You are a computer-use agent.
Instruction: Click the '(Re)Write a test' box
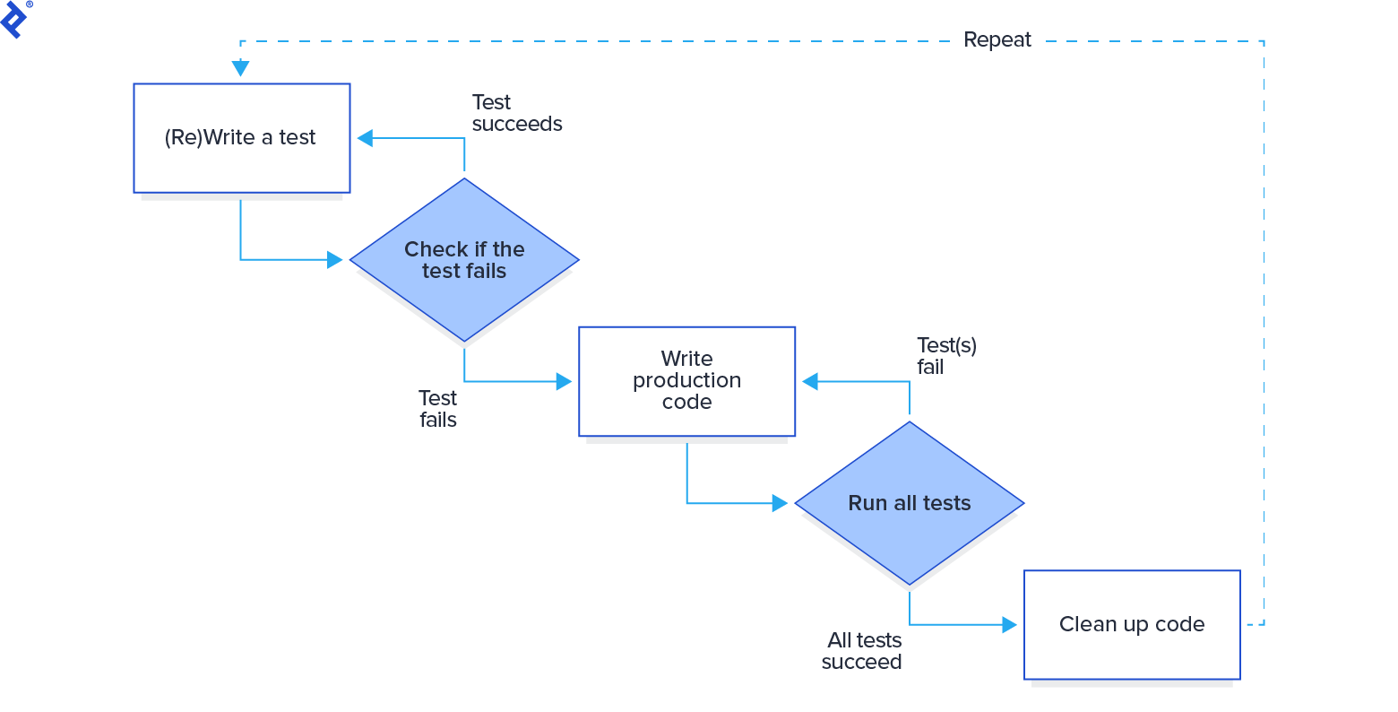click(x=241, y=138)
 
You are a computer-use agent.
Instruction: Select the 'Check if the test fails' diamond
click(x=464, y=260)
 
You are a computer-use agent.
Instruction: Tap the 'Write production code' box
click(x=686, y=381)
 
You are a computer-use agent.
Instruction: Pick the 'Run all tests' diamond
click(x=909, y=503)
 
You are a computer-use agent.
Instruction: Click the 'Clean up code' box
click(x=1131, y=624)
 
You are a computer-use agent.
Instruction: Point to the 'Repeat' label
click(x=997, y=40)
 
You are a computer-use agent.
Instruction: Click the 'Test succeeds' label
click(x=516, y=113)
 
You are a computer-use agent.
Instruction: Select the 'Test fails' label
click(x=437, y=409)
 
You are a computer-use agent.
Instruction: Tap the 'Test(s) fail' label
click(x=945, y=356)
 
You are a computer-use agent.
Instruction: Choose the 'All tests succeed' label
click(x=862, y=651)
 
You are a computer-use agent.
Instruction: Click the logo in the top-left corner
click(x=15, y=18)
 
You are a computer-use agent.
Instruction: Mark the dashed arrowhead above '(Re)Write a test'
click(x=240, y=68)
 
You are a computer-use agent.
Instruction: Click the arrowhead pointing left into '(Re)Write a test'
click(x=365, y=138)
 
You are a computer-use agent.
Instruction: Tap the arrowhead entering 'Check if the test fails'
click(x=335, y=260)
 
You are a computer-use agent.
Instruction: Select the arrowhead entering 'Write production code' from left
click(x=564, y=382)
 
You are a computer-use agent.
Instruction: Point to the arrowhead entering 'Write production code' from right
click(x=810, y=382)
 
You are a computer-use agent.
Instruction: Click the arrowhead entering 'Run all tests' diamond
click(x=780, y=503)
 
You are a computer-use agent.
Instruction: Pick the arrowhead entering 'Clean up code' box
click(x=1009, y=624)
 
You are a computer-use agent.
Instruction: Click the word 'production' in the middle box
click(x=686, y=380)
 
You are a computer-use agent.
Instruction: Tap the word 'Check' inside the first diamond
click(x=436, y=249)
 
